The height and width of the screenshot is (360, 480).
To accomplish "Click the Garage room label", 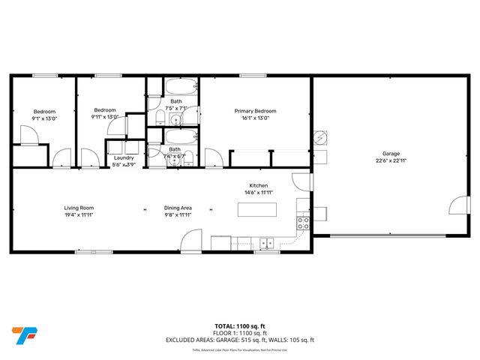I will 391,153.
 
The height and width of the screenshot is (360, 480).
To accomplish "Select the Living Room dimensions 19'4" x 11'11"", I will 78,214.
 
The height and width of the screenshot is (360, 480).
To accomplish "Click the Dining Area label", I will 178,208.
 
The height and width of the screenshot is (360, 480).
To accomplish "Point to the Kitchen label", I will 259,186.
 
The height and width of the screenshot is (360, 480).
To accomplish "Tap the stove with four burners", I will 304,222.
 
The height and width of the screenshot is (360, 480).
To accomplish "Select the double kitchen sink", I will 265,243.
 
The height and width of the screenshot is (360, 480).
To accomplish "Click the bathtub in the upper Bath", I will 179,84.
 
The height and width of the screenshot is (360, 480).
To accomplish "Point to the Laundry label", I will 124,157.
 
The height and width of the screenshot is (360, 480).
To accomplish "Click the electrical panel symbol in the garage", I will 319,139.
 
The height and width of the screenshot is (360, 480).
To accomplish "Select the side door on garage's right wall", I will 455,208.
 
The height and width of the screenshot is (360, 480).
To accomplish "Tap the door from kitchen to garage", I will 301,181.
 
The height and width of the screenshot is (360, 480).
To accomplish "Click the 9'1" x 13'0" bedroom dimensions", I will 44,117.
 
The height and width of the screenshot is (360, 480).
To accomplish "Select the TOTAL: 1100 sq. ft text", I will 240,325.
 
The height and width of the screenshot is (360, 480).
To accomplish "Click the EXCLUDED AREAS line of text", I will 240,340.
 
